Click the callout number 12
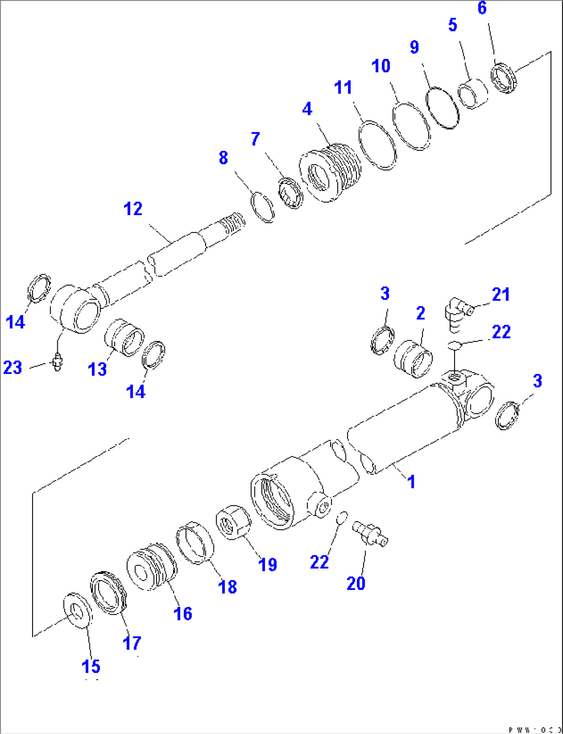coord(133,209)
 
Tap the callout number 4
coord(307,109)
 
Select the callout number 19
coord(268,564)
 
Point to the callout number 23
coord(13,367)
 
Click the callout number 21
coord(501,294)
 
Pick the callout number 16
coord(183,614)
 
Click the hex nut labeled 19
coord(233,522)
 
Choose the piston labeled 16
coord(152,567)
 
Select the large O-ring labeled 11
coord(377,145)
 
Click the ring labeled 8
coord(262,207)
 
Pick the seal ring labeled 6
coord(504,77)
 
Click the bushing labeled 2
coord(413,357)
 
